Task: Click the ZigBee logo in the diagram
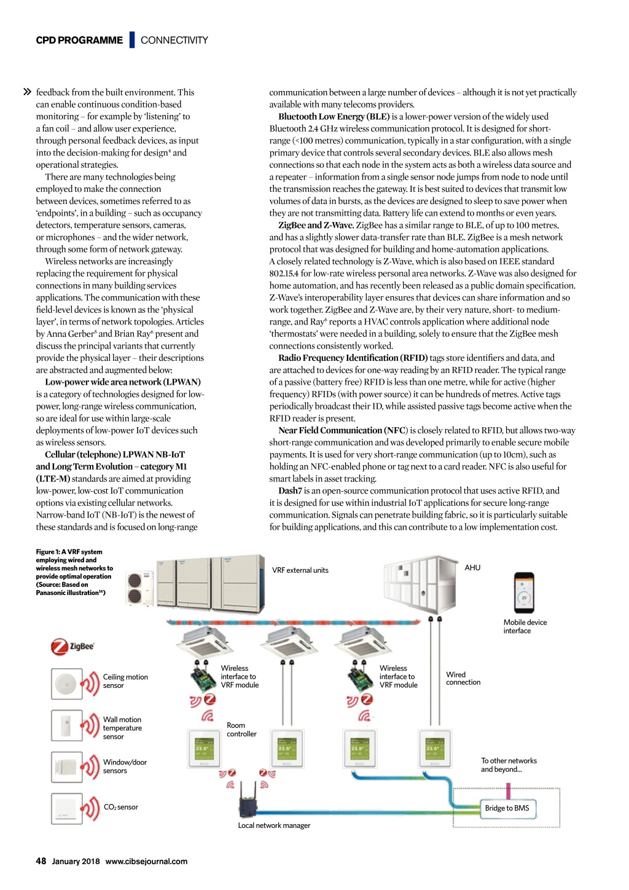pyautogui.click(x=72, y=647)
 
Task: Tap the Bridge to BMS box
pyautogui.click(x=507, y=808)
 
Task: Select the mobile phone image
pyautogui.click(x=524, y=593)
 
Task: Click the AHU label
pyautogui.click(x=472, y=568)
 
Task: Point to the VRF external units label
pyautogui.click(x=300, y=570)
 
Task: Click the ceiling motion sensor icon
pyautogui.click(x=66, y=683)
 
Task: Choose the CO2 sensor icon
pyautogui.click(x=66, y=808)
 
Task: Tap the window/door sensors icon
pyautogui.click(x=66, y=766)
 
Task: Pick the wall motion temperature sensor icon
pyautogui.click(x=66, y=725)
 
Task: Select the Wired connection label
pyautogui.click(x=463, y=679)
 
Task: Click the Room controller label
pyautogui.click(x=241, y=730)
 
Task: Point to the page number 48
pyautogui.click(x=41, y=861)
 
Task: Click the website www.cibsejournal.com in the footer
pyautogui.click(x=146, y=862)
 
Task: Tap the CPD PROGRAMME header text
pyautogui.click(x=79, y=41)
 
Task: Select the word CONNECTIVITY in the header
pyautogui.click(x=174, y=41)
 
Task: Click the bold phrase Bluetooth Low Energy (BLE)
pyautogui.click(x=334, y=117)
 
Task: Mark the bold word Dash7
pyautogui.click(x=290, y=491)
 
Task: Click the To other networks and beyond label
pyautogui.click(x=509, y=765)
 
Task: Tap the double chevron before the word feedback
pyautogui.click(x=27, y=92)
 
